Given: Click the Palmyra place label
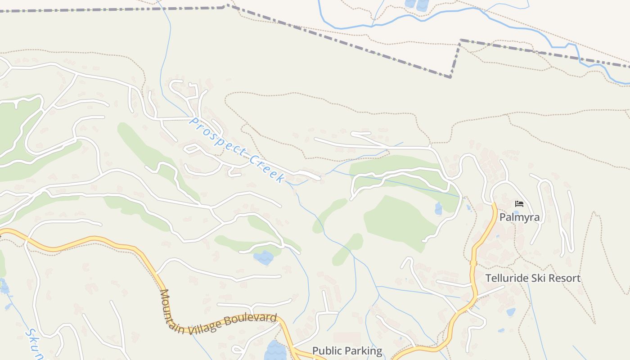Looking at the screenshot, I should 519,218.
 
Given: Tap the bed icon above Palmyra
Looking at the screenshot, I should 519,204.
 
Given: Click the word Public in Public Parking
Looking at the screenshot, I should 326,351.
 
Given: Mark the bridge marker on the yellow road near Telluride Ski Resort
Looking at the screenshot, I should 473,263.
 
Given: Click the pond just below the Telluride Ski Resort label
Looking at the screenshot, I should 511,312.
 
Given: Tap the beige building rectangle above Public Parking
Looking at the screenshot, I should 346,338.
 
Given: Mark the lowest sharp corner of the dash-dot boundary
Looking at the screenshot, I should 450,77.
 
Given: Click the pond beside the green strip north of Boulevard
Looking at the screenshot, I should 263,258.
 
